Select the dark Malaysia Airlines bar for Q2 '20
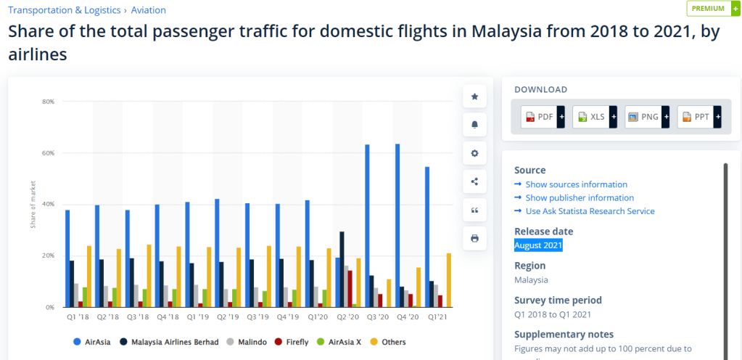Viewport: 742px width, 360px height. (x=342, y=269)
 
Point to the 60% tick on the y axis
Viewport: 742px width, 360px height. (x=49, y=153)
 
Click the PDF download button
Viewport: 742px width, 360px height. (x=540, y=117)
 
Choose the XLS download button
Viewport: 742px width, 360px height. (x=592, y=117)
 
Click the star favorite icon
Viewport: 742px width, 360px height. (x=474, y=96)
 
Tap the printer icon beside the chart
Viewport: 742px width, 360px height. (x=474, y=238)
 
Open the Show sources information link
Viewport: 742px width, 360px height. (x=576, y=184)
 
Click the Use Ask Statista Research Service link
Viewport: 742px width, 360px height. (x=590, y=211)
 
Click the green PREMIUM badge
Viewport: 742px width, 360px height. (x=708, y=8)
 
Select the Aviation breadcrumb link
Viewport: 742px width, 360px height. (x=148, y=10)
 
